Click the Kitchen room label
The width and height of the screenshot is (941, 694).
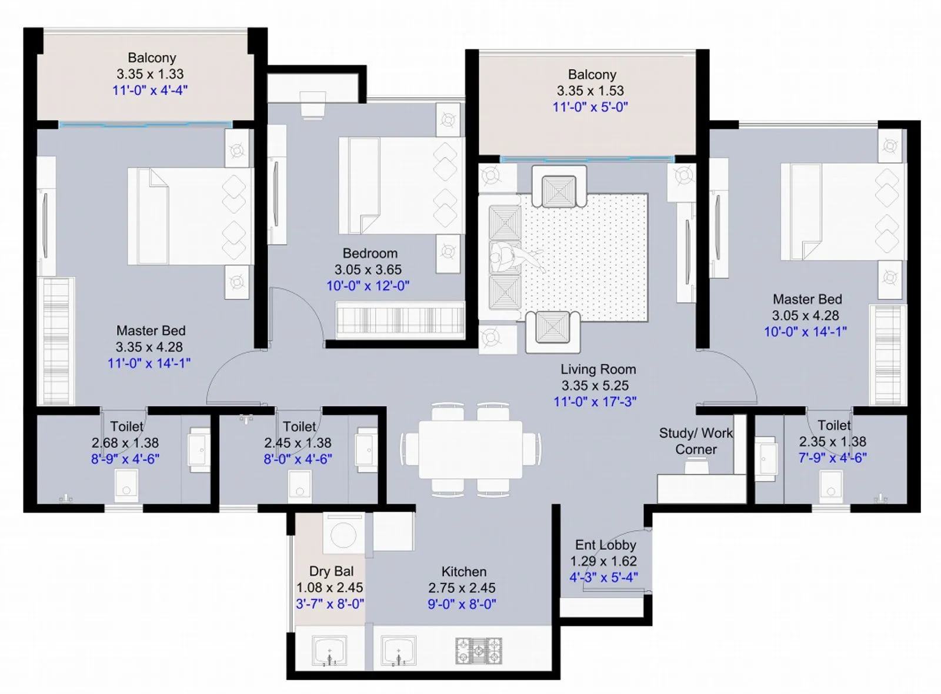point(463,572)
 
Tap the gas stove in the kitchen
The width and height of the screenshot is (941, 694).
point(479,650)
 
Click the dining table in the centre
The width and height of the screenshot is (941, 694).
point(470,449)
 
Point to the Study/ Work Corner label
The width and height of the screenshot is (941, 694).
point(696,441)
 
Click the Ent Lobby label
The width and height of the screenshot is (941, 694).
point(605,545)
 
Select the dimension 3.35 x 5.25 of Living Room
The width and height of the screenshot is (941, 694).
point(595,386)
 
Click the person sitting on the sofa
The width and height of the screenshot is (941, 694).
point(506,258)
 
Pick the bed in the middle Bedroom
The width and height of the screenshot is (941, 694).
point(400,185)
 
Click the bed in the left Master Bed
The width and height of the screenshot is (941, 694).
point(189,216)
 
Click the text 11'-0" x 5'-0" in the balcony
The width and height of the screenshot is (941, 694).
point(590,107)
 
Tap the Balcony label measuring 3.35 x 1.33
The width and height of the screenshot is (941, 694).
point(152,58)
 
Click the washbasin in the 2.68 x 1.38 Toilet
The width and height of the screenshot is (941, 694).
point(198,450)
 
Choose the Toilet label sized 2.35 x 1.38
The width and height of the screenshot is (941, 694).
point(833,425)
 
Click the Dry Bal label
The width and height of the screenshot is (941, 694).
point(331,572)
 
